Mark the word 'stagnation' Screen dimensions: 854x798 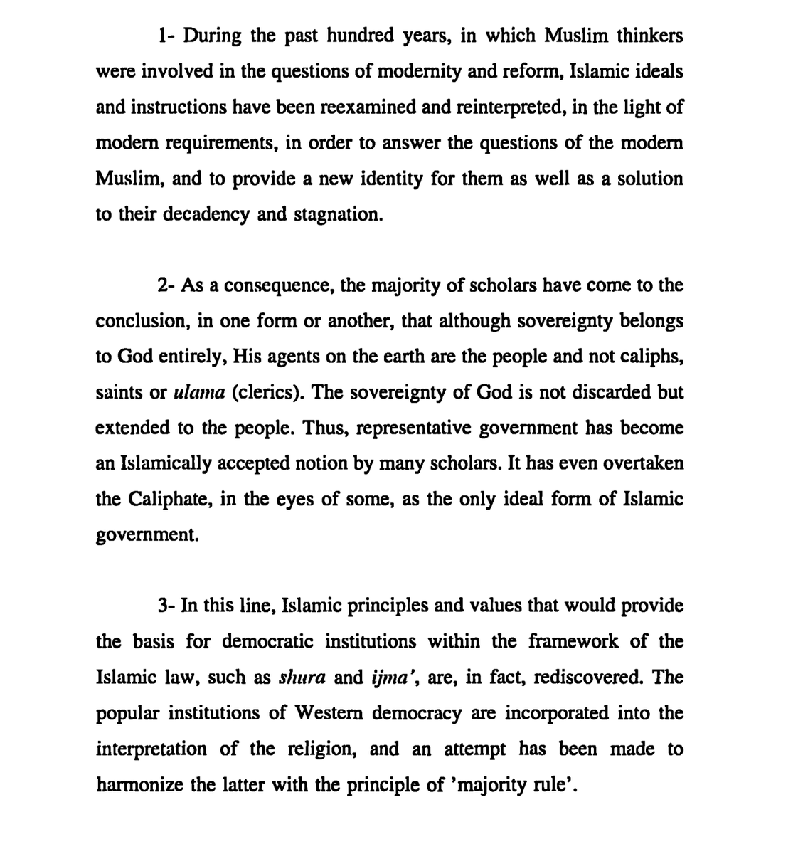click(x=337, y=214)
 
